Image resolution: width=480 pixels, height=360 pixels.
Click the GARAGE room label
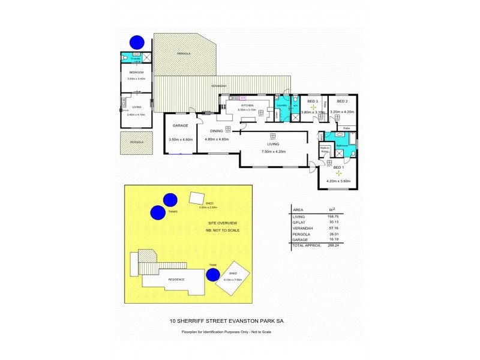[x=181, y=126]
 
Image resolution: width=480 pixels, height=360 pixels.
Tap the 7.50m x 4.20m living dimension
[x=273, y=151]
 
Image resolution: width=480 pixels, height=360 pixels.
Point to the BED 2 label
[x=342, y=101]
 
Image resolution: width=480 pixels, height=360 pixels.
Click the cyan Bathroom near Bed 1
[x=343, y=145]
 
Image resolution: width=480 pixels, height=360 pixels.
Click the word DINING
[x=216, y=130]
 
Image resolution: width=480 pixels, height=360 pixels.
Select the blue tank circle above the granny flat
[x=137, y=42]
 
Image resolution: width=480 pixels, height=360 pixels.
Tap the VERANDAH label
[x=219, y=86]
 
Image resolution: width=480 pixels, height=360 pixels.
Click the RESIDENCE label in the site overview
[x=176, y=280]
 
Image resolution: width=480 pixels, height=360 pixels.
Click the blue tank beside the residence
[x=212, y=275]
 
